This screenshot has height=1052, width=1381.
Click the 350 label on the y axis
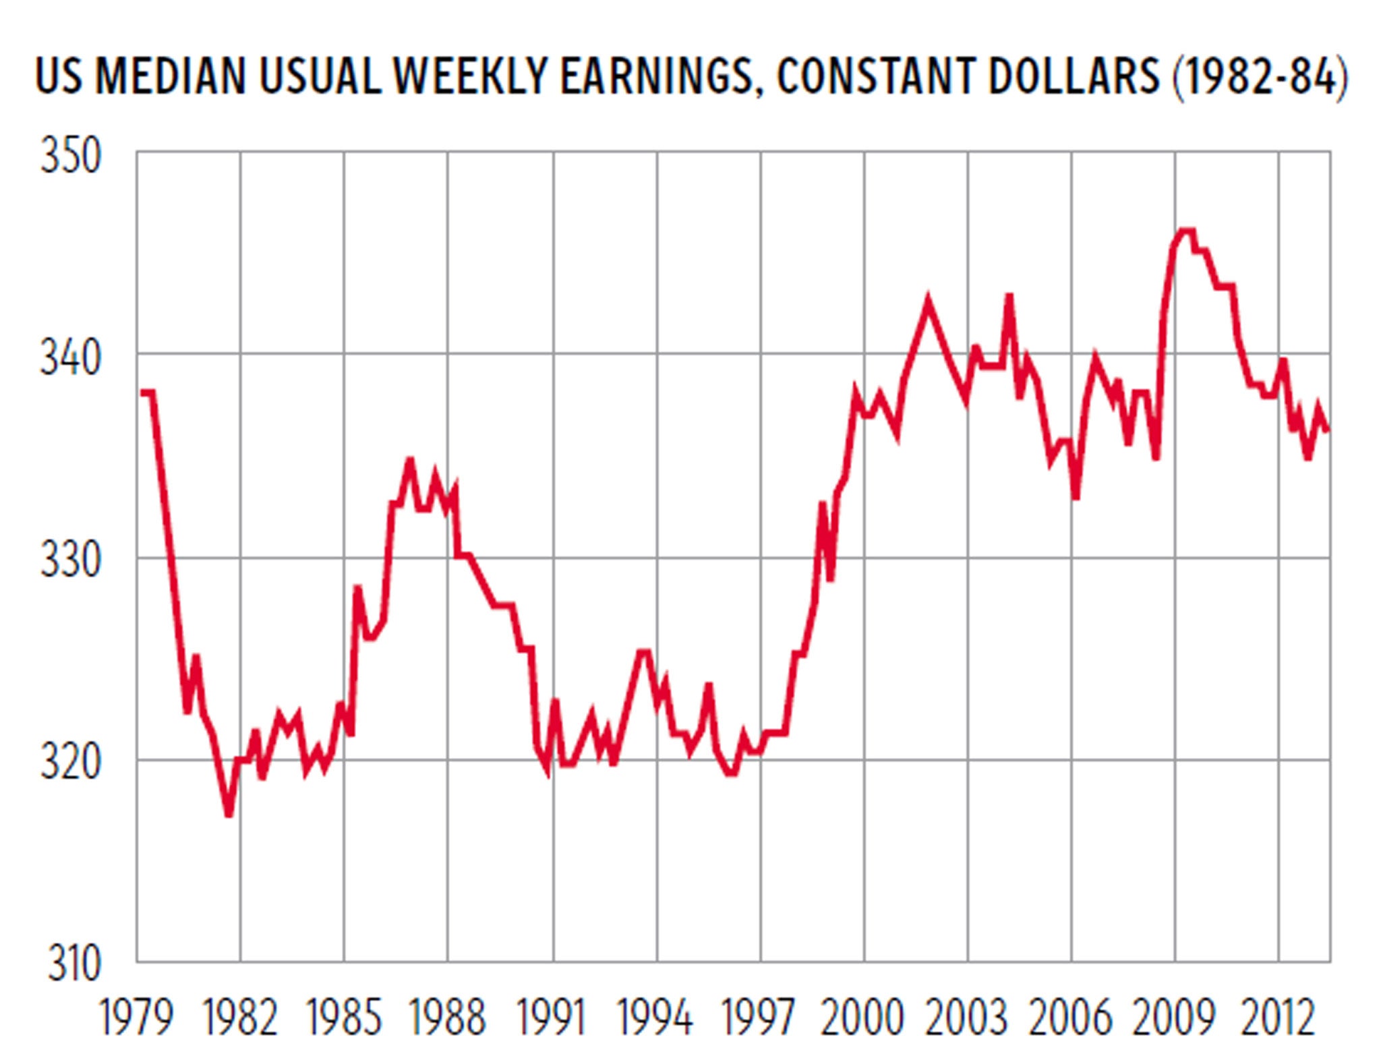[x=70, y=156]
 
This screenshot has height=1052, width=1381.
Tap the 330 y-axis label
[x=70, y=560]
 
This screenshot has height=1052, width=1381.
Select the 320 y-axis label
[x=70, y=762]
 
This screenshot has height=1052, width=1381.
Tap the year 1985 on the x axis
[x=344, y=1017]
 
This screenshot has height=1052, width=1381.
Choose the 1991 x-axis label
[x=552, y=1017]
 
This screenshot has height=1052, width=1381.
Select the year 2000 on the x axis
[x=862, y=1017]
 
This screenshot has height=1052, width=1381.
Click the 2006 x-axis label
[x=1069, y=1017]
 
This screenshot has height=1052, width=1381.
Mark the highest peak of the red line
[x=1187, y=231]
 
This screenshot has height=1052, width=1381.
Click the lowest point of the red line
[x=229, y=815]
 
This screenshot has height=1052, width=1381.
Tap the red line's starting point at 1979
[x=142, y=392]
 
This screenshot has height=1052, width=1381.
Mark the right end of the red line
[x=1327, y=430]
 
